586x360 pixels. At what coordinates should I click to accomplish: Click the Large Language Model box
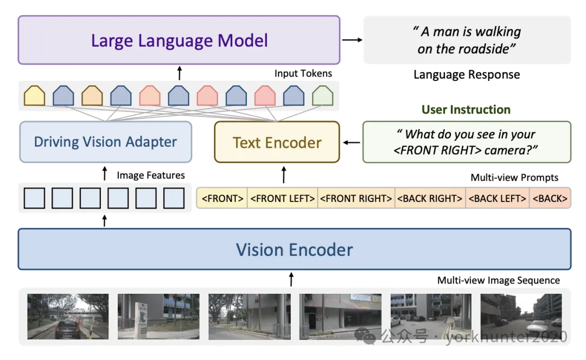click(x=179, y=40)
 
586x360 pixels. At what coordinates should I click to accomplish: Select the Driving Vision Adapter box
click(x=106, y=142)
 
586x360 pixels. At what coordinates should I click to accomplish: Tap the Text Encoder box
click(x=277, y=142)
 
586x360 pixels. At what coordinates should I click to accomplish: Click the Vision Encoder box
click(x=295, y=249)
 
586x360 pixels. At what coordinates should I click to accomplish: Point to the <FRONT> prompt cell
click(x=222, y=198)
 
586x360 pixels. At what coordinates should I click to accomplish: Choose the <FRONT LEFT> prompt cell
click(x=283, y=198)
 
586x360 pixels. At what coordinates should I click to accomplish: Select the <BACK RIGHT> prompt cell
click(x=430, y=198)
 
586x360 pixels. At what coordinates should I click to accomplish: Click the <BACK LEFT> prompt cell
click(x=498, y=198)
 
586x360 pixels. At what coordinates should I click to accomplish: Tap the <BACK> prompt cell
click(x=550, y=198)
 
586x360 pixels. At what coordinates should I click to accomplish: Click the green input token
click(x=322, y=96)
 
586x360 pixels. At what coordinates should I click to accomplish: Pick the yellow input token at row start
click(x=34, y=96)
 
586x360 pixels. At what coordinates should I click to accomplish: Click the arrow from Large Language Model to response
click(x=353, y=40)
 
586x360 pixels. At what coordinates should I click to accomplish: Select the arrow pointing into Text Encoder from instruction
click(x=352, y=142)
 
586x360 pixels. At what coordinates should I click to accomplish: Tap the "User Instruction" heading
click(x=466, y=110)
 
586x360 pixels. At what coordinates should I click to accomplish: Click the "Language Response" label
click(x=467, y=74)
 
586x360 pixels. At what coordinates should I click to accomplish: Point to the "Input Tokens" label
click(x=303, y=73)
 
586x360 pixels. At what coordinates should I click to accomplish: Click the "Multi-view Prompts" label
click(x=514, y=177)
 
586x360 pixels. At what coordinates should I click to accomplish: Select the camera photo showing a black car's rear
click(x=68, y=316)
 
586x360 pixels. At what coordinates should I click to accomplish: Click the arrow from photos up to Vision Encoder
click(x=291, y=279)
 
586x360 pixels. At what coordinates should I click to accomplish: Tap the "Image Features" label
click(x=151, y=175)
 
